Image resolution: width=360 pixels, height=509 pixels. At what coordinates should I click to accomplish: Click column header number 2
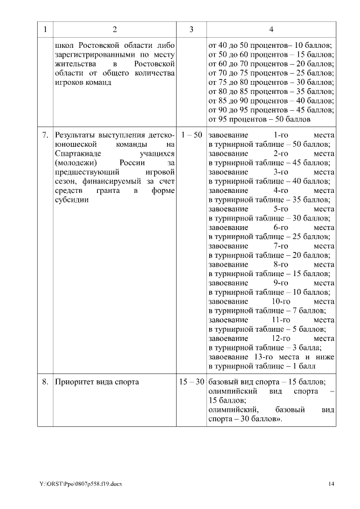(115, 29)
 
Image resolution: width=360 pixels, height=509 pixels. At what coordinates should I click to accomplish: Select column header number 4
(272, 29)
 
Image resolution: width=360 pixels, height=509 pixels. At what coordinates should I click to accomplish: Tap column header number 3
(191, 29)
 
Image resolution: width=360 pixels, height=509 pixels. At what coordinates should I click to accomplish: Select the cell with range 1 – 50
(191, 136)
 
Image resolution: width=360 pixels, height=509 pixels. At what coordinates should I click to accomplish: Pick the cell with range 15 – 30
(191, 382)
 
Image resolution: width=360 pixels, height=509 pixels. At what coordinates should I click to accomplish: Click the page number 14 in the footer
(331, 484)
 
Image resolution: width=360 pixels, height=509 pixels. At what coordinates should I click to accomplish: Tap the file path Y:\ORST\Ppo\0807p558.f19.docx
(80, 484)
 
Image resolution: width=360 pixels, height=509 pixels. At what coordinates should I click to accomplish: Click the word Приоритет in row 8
(74, 382)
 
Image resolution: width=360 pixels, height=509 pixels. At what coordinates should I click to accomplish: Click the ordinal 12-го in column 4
(280, 339)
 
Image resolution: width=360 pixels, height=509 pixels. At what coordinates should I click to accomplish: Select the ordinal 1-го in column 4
(280, 136)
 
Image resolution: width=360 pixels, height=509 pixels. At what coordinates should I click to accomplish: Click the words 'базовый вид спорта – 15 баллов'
(270, 382)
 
